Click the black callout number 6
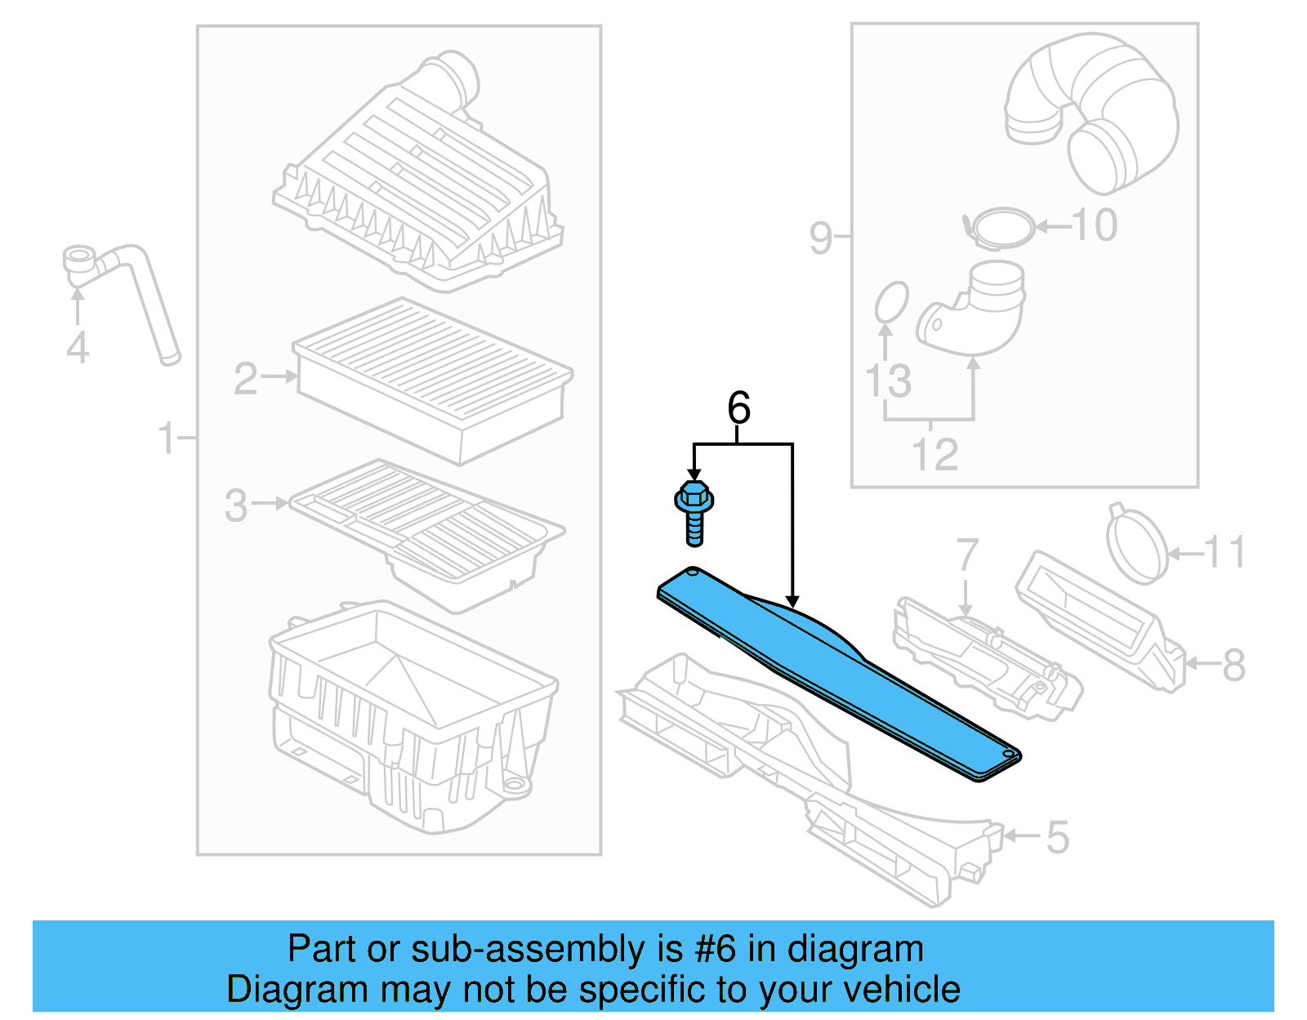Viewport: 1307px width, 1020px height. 738,408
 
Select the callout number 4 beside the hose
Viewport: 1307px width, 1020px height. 78,348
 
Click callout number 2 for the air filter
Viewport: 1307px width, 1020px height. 245,379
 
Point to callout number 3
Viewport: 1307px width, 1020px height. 236,506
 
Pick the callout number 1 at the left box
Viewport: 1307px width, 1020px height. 167,439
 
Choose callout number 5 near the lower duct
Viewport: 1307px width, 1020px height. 1057,838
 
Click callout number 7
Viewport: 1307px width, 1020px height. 966,555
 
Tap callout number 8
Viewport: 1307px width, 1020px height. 1233,665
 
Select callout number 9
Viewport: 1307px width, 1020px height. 821,238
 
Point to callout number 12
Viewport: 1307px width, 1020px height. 935,455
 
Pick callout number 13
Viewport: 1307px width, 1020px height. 888,381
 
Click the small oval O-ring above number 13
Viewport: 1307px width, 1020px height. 891,303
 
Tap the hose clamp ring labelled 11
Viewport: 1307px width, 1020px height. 1136,545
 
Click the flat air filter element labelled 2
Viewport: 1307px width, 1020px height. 433,380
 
